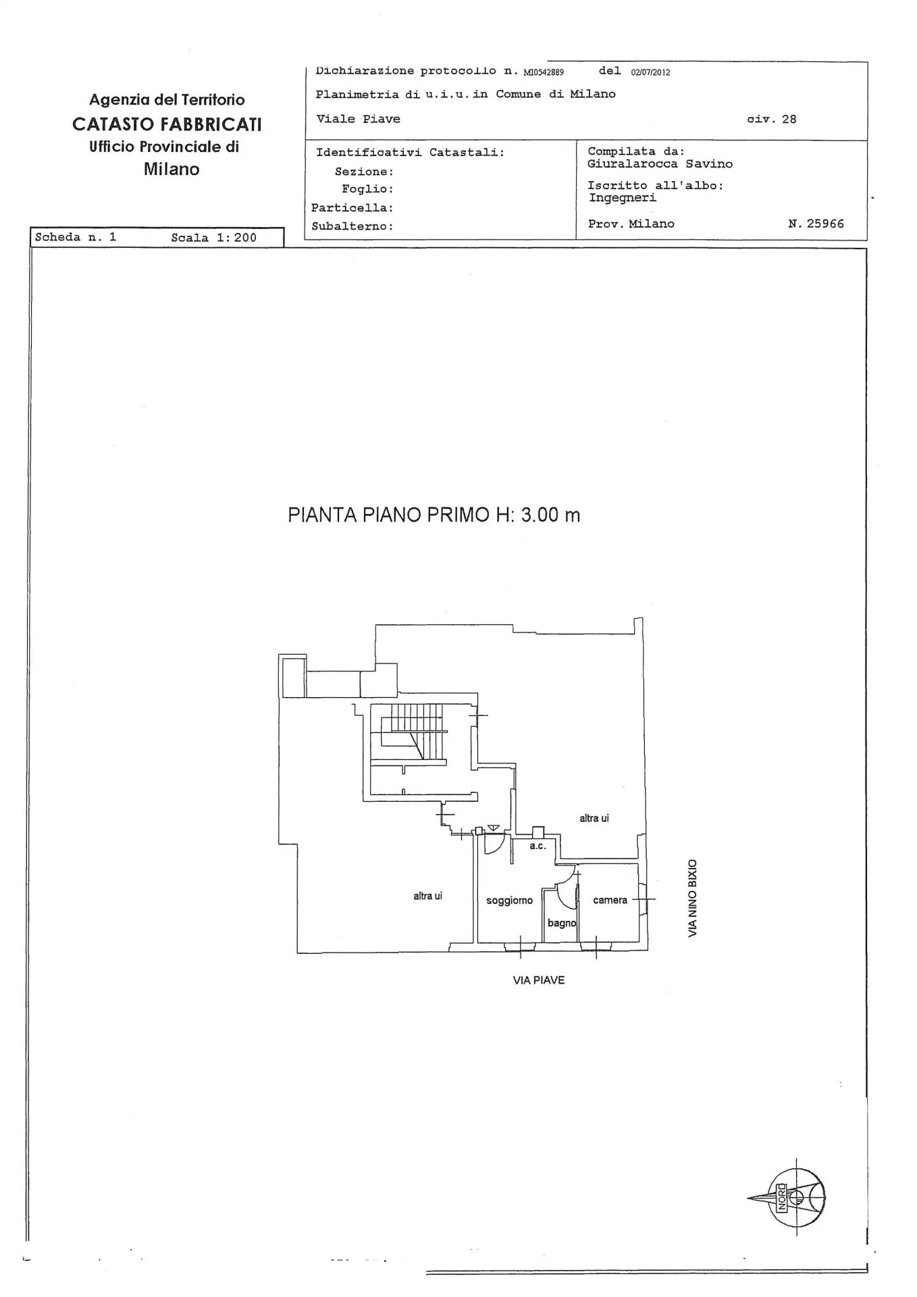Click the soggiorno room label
pyautogui.click(x=509, y=900)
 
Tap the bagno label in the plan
pyautogui.click(x=561, y=923)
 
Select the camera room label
pyautogui.click(x=610, y=900)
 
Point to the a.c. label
pyautogui.click(x=538, y=846)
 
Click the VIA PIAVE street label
pyautogui.click(x=538, y=980)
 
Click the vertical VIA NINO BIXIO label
pyautogui.click(x=693, y=898)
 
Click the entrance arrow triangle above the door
pyautogui.click(x=493, y=828)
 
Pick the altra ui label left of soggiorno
pyautogui.click(x=427, y=896)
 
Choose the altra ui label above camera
pyautogui.click(x=594, y=818)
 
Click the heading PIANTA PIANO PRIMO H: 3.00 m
pyautogui.click(x=434, y=515)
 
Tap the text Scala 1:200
pyautogui.click(x=213, y=238)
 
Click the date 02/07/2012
pyautogui.click(x=650, y=72)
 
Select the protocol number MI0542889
pyautogui.click(x=544, y=72)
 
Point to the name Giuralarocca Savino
pyautogui.click(x=660, y=164)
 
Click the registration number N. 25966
pyautogui.click(x=816, y=224)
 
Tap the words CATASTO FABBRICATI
pyautogui.click(x=167, y=124)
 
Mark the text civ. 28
pyautogui.click(x=771, y=120)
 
